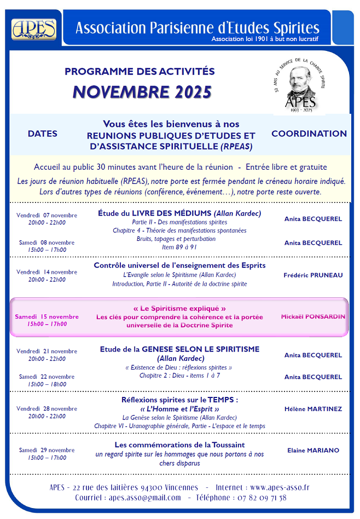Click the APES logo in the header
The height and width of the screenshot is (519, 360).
pos(34,28)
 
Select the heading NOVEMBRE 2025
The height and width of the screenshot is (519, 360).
pos(142,92)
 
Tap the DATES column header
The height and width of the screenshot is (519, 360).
pos(43,134)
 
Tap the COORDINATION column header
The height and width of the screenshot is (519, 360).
pos(309,134)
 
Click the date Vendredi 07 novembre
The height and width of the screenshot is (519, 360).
pos(47,215)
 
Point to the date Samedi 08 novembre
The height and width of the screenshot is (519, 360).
pos(47,243)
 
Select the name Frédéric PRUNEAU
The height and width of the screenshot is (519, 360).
pos(313,275)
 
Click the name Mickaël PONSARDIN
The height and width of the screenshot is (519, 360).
pos(313,316)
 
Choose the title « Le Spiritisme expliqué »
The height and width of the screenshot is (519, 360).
pos(179,308)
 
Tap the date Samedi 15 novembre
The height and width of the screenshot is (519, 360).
pos(47,316)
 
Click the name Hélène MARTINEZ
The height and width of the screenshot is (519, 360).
pos(313,409)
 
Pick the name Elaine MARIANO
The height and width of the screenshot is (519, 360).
pos(313,451)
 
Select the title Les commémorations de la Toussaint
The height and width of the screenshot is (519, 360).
pos(179,445)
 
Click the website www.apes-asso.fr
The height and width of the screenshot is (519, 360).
pos(280,487)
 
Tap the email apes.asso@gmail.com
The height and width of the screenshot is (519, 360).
pos(144,498)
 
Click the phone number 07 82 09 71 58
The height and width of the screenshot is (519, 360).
pos(259,498)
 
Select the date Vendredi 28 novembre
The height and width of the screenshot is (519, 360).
pos(47,409)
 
